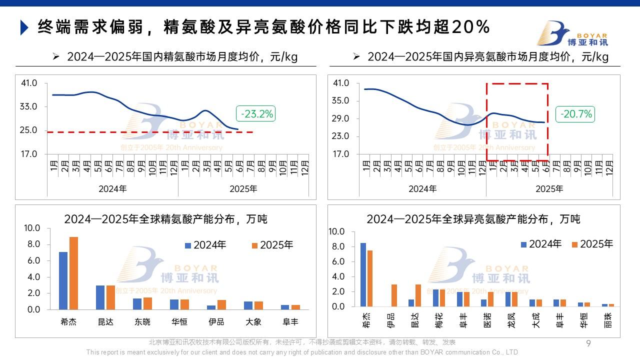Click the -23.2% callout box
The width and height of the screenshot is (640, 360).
(257, 114)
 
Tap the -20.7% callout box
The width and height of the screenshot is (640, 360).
(576, 114)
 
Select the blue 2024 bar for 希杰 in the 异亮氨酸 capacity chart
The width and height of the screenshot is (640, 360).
(363, 274)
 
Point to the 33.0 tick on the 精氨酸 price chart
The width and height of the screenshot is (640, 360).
(29, 106)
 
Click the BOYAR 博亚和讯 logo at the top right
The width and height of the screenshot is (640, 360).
(572, 33)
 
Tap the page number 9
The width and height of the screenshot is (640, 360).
(588, 343)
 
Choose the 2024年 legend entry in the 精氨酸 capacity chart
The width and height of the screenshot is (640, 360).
(205, 245)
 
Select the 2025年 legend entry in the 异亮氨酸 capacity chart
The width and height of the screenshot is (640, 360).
(592, 244)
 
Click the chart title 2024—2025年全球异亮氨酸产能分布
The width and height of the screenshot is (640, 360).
(473, 219)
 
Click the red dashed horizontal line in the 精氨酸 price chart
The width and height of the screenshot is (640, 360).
(150, 132)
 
